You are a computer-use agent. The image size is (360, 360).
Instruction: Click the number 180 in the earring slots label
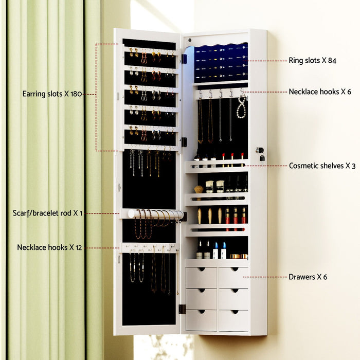point(75,94)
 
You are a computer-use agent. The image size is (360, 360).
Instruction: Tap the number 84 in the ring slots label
point(331,61)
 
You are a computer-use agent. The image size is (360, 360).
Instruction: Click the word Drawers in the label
point(302,277)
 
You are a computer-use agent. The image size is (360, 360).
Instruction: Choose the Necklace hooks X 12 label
point(49,247)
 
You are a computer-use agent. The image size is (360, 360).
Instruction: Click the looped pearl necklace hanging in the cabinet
point(241,109)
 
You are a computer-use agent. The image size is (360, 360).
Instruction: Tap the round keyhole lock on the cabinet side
point(260,150)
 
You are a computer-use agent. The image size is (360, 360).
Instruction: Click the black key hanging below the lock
point(261,158)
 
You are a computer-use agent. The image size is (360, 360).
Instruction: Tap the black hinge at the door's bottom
point(182,309)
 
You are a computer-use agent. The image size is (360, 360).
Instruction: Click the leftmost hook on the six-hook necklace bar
point(200,94)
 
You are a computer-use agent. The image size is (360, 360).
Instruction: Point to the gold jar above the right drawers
point(236,256)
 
